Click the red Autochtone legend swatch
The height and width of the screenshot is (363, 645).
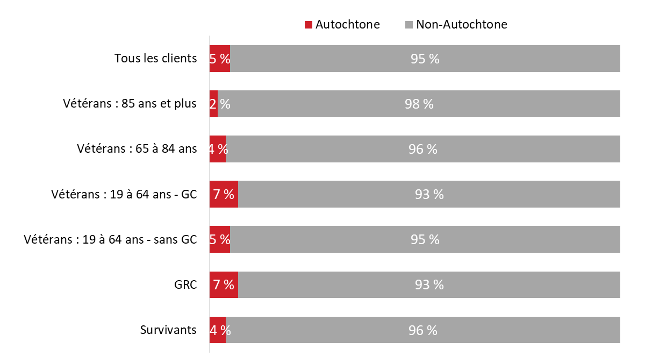point(309,25)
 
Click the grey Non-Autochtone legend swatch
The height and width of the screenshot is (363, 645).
point(408,25)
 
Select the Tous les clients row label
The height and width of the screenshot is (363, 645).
point(155,58)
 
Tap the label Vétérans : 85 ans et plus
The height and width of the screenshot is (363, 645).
point(130,104)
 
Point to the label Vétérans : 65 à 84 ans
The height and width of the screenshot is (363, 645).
point(137,149)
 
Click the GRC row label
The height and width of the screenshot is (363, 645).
point(186,285)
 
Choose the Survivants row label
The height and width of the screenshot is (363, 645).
point(168,330)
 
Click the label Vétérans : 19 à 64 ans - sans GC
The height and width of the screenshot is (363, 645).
point(110,239)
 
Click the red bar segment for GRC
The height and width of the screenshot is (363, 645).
point(224,285)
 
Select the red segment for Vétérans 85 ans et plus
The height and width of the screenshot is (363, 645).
point(213,104)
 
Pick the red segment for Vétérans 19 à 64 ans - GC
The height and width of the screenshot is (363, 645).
point(224,194)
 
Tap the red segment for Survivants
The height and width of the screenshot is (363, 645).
point(217,330)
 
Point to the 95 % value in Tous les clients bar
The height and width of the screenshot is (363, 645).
point(425,59)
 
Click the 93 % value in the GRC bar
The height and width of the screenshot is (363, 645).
point(429,285)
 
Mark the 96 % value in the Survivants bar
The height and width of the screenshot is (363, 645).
point(422,330)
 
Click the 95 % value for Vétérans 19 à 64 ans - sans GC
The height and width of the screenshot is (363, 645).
point(425,240)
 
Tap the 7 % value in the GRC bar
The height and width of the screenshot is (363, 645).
point(224,285)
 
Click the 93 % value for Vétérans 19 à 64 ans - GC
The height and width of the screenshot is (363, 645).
point(429,195)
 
